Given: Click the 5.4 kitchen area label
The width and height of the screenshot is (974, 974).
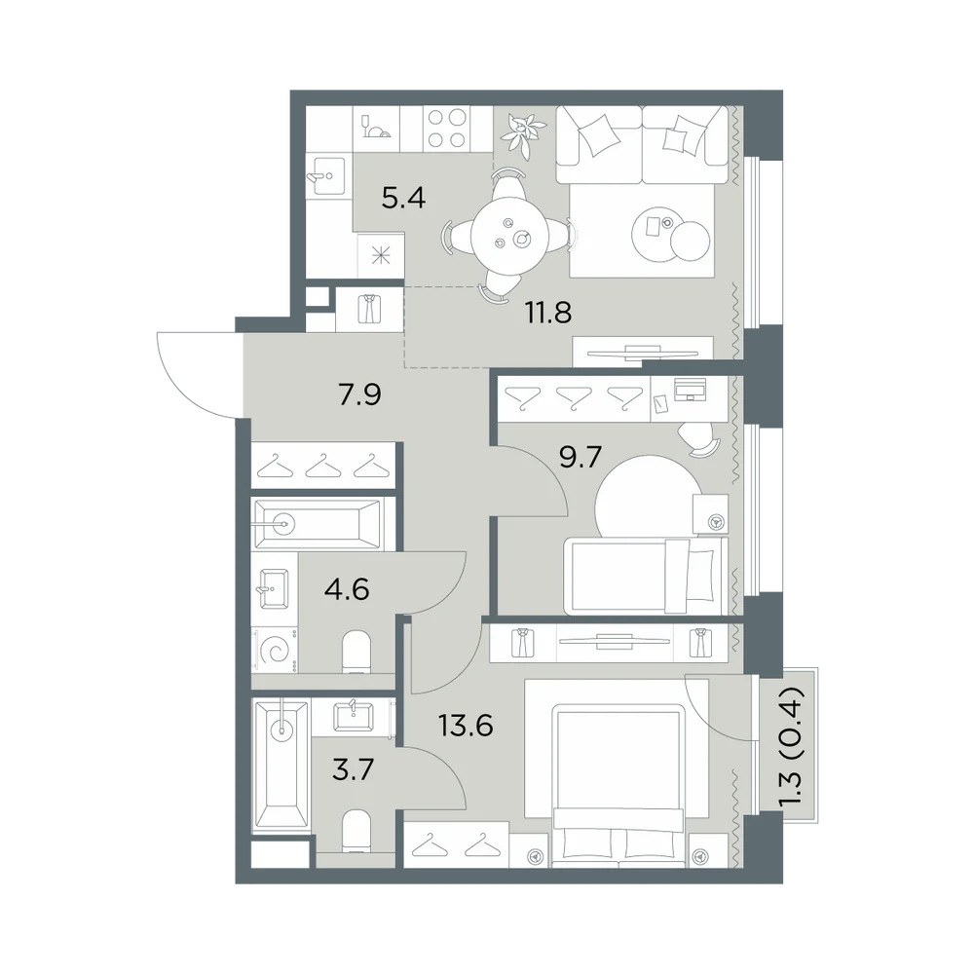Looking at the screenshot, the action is coord(403,198).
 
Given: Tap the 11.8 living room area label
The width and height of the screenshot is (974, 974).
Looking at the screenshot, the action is coord(548,313).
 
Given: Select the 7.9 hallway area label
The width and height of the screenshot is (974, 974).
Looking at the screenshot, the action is coord(359,394).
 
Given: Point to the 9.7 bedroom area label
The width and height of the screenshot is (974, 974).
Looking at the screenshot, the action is coord(581,458).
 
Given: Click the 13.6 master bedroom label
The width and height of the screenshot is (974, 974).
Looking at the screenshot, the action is coord(466,725).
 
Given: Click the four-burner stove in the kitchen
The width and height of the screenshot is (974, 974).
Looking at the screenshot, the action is coord(446,129).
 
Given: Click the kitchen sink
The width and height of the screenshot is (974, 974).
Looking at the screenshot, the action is coord(326,175).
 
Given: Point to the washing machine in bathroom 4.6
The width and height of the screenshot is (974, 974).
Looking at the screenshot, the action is coord(275,651).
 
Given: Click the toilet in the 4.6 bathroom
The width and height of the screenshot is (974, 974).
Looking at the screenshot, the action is coord(356,652).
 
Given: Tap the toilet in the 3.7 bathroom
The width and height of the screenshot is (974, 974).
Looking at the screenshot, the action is coord(356,831).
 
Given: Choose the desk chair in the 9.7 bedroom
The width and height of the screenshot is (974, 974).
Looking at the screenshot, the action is coord(698,439).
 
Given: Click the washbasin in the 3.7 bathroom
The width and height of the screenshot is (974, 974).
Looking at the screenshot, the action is coord(353,717).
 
